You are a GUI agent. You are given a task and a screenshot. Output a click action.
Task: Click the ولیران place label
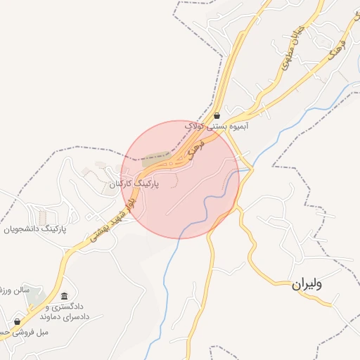pos(307,285)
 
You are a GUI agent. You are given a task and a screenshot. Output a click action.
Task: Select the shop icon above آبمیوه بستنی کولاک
pos(217,115)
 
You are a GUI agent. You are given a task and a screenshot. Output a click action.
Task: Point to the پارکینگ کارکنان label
pos(134,184)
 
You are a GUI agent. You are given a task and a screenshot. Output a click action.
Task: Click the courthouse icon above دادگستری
pos(65,297)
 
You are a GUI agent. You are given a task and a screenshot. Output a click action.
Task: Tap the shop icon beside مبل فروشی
pos(18,321)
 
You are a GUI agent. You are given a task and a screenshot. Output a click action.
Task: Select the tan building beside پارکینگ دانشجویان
pos(43,215)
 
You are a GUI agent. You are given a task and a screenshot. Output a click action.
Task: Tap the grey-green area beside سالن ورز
pos(32,300)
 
